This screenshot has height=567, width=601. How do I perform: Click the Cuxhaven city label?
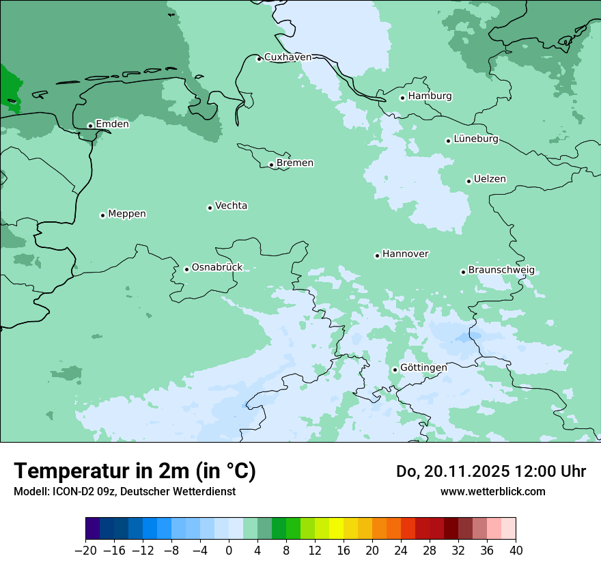pyautogui.click(x=288, y=57)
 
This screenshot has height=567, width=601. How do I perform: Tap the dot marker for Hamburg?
pyautogui.click(x=402, y=98)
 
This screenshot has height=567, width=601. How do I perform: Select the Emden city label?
pyautogui.click(x=112, y=124)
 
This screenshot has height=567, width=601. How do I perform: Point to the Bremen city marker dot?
pyautogui.click(x=271, y=165)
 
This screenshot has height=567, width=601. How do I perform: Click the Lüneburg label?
pyautogui.click(x=476, y=139)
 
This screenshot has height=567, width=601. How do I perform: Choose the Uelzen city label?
pyautogui.click(x=490, y=180)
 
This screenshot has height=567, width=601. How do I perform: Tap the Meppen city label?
pyautogui.click(x=127, y=214)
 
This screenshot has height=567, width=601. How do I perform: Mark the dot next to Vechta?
pyautogui.click(x=210, y=208)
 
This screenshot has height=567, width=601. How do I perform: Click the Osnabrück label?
pyautogui.click(x=217, y=268)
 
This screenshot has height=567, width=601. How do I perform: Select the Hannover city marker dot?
pyautogui.click(x=377, y=255)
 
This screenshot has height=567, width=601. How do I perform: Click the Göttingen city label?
pyautogui.click(x=423, y=368)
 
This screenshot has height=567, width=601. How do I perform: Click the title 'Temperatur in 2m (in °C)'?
pyautogui.click(x=135, y=471)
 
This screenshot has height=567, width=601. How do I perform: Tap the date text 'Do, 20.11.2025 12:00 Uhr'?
pyautogui.click(x=491, y=471)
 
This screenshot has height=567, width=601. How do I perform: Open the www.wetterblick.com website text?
pyautogui.click(x=492, y=492)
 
